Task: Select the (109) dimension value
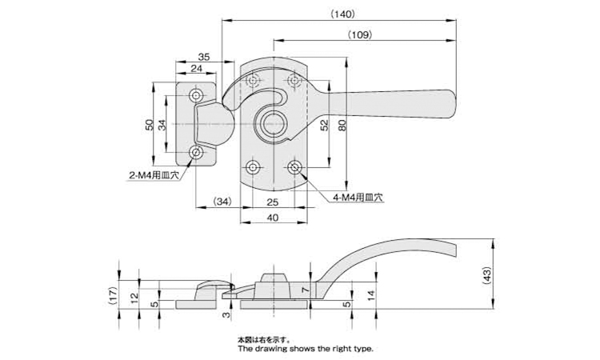360,35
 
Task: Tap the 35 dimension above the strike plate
204,57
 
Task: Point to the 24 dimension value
196,69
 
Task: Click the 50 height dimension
150,125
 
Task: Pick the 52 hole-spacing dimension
325,125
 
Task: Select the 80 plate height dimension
342,126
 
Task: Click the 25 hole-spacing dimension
273,202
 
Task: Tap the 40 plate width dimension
273,218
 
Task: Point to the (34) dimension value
222,202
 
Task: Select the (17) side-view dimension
112,296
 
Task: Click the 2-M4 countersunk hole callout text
154,176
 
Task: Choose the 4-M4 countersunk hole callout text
358,198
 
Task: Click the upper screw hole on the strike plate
196,95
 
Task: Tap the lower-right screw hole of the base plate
294,167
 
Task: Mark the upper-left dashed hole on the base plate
253,81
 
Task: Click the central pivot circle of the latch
274,124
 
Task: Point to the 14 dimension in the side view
370,295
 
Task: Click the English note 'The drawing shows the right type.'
306,349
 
